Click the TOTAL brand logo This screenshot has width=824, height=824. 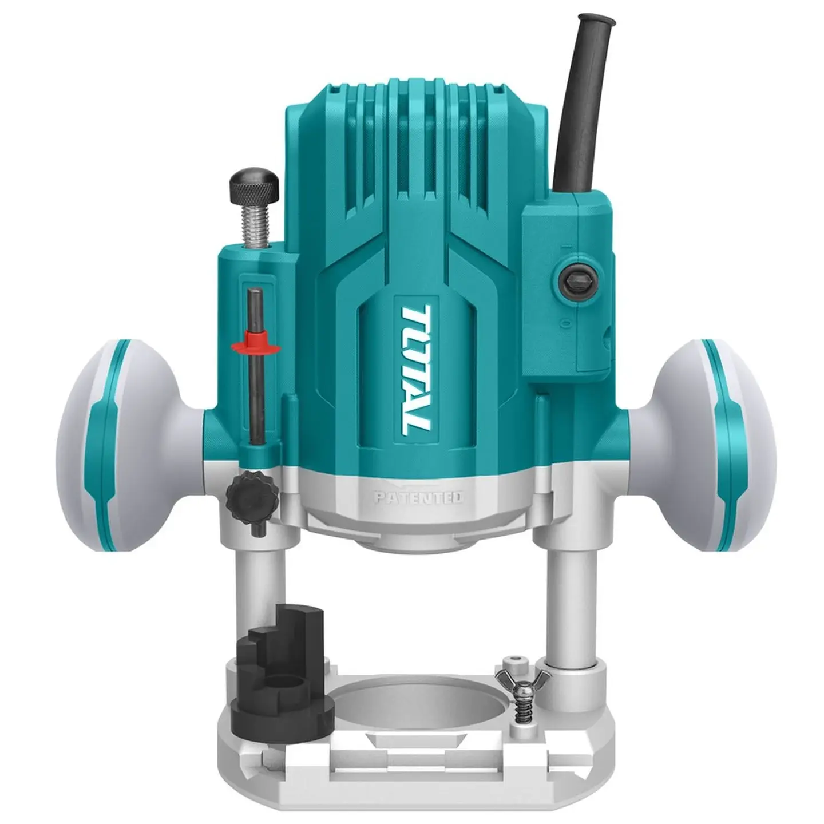pos(416,371)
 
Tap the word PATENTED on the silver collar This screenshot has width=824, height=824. pos(418,498)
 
